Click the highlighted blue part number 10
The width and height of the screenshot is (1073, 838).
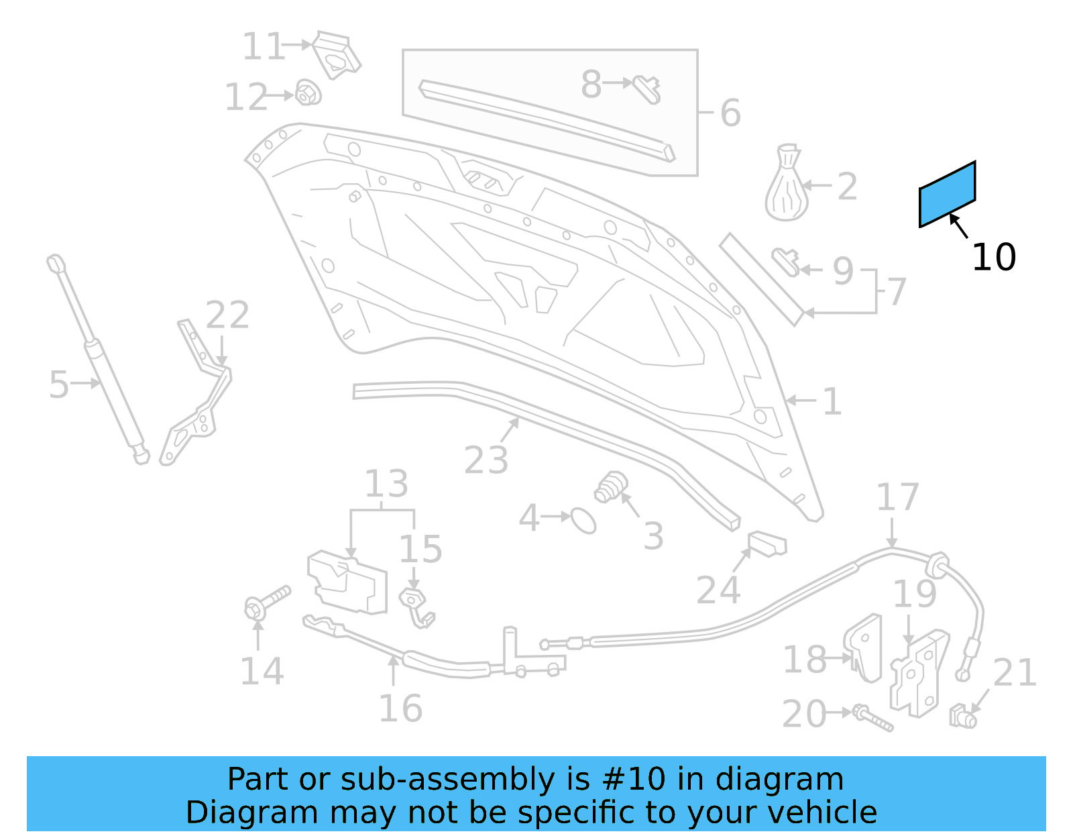(947, 194)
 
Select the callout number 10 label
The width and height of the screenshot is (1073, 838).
(993, 257)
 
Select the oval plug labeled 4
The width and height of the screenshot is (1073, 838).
(583, 520)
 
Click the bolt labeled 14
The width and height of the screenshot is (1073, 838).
(266, 602)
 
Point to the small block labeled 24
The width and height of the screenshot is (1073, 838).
(767, 543)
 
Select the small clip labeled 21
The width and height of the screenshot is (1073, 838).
(963, 717)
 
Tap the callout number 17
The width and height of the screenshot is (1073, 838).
(897, 497)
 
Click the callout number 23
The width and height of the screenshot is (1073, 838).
(486, 460)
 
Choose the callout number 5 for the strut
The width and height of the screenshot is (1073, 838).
(59, 384)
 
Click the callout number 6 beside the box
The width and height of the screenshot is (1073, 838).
(730, 113)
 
